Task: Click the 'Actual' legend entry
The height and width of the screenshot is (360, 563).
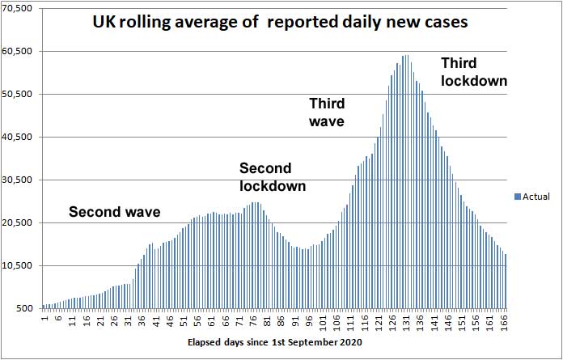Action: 536,197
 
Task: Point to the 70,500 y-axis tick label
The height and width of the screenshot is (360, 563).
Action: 18,8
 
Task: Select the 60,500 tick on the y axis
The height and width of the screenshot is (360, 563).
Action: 18,51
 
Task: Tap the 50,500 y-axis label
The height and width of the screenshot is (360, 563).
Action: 18,94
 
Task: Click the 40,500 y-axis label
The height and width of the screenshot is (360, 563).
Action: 18,137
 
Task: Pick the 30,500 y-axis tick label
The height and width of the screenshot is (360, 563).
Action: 18,180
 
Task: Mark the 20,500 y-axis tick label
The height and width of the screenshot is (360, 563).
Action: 18,222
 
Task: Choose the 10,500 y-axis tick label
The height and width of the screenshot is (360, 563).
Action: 18,265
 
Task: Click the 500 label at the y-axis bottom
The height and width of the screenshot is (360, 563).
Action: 25,308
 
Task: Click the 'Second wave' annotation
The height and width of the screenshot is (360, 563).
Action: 114,213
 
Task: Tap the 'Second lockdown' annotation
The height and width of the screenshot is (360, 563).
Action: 273,177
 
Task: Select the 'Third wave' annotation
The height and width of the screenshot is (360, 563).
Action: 328,112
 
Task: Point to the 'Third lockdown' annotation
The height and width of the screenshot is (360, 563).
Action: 473,71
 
